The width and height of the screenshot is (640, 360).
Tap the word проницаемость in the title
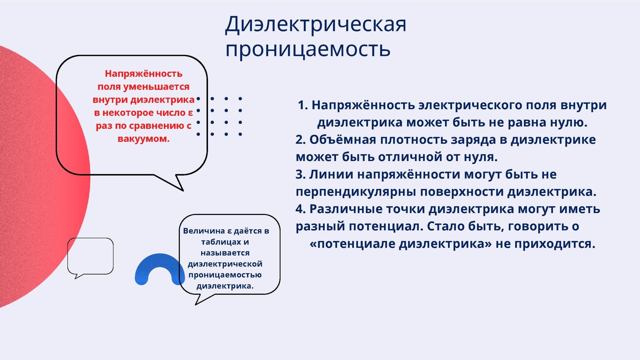tap(308, 49)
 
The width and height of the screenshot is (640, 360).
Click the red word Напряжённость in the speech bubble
tap(144, 74)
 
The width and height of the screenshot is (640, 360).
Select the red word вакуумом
tap(144, 139)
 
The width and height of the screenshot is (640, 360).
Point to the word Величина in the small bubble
tap(204, 231)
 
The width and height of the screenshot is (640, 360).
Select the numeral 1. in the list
tap(303, 105)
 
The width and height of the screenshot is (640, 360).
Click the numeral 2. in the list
tap(301, 140)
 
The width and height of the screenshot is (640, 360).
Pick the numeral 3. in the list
tap(301, 174)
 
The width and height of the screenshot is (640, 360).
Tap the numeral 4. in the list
tap(301, 209)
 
